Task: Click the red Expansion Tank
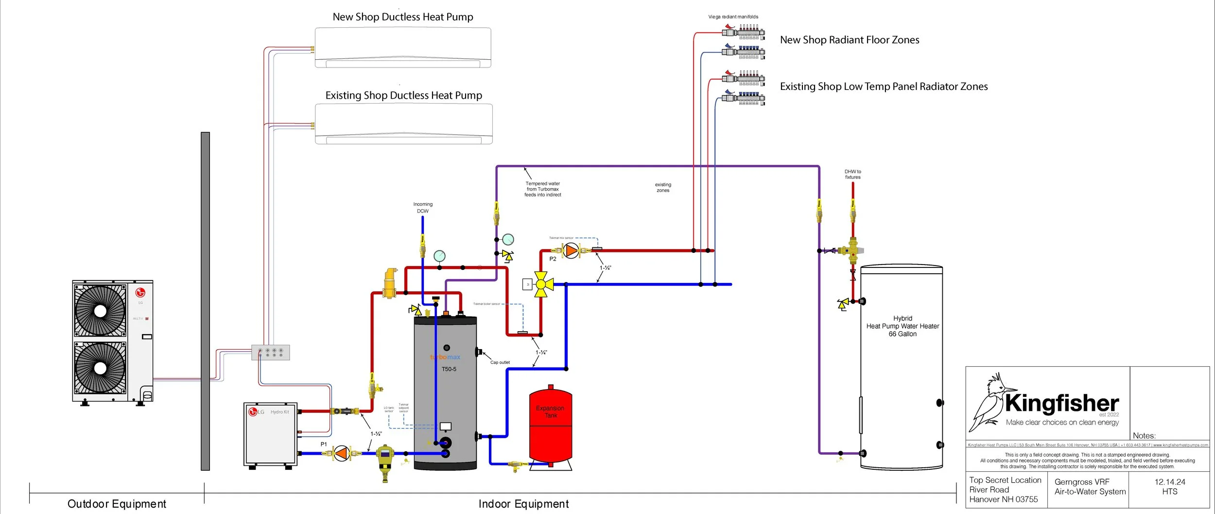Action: tap(550, 425)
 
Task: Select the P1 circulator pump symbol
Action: tap(342, 453)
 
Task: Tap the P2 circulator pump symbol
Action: tap(572, 251)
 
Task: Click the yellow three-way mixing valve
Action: tap(541, 284)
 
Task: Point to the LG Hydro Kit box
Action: tap(270, 434)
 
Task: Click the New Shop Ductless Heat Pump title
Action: tap(403, 17)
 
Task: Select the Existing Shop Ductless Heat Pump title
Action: tap(403, 95)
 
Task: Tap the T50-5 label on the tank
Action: tap(449, 369)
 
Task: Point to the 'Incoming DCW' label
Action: tap(423, 208)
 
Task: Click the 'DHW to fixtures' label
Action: tap(852, 175)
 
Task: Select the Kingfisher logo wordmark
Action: tap(1062, 404)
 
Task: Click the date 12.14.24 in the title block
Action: tap(1170, 482)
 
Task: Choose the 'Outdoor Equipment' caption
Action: tap(117, 504)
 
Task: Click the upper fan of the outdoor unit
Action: tap(100, 311)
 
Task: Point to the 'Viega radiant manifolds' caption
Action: tap(733, 17)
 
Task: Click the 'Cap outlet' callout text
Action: tap(500, 362)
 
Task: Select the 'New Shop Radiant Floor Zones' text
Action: tap(850, 40)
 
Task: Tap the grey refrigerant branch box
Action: tap(270, 353)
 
